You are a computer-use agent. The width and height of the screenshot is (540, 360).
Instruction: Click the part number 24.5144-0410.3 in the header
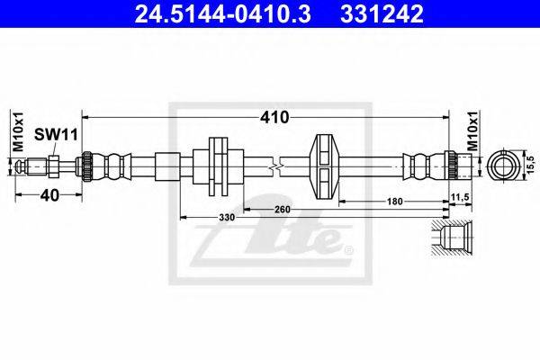click(222, 14)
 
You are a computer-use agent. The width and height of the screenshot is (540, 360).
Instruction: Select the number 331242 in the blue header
click(382, 14)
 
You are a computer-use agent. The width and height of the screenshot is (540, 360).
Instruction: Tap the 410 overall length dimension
click(274, 118)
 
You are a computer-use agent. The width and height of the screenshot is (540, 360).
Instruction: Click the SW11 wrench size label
click(56, 135)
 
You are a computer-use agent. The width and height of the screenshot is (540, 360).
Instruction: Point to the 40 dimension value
click(49, 195)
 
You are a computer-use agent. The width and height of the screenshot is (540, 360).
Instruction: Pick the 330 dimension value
click(227, 218)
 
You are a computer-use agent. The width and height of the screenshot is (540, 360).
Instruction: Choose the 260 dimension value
click(283, 209)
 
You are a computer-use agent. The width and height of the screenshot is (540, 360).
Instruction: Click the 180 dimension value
click(395, 202)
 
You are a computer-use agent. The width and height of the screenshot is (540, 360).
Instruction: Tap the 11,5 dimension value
click(460, 197)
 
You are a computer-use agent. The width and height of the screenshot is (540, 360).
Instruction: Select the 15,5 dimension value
click(530, 165)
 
